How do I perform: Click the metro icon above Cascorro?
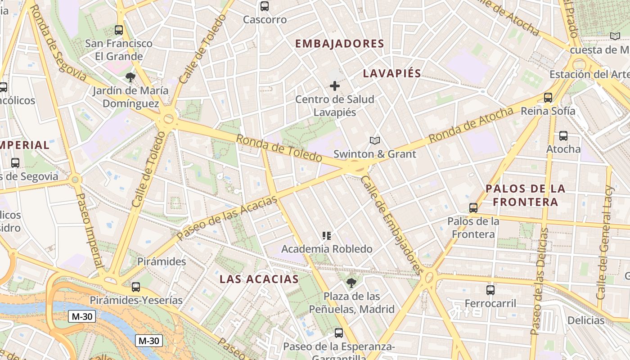(265, 6)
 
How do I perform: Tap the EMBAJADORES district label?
(339, 44)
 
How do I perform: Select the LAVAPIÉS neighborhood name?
(392, 73)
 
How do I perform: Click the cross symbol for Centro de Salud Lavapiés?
(335, 85)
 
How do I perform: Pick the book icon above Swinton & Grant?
(375, 141)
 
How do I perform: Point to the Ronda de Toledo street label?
(279, 148)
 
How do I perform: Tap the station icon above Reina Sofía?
(548, 97)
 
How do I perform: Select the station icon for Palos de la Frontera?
(473, 208)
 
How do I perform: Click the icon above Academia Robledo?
(327, 235)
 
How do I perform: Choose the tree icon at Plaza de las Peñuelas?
(351, 283)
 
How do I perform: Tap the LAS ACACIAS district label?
(259, 279)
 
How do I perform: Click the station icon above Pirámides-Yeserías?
(136, 287)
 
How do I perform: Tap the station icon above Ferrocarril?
(490, 290)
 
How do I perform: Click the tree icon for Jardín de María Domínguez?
(130, 77)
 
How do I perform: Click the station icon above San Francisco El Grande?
(119, 30)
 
